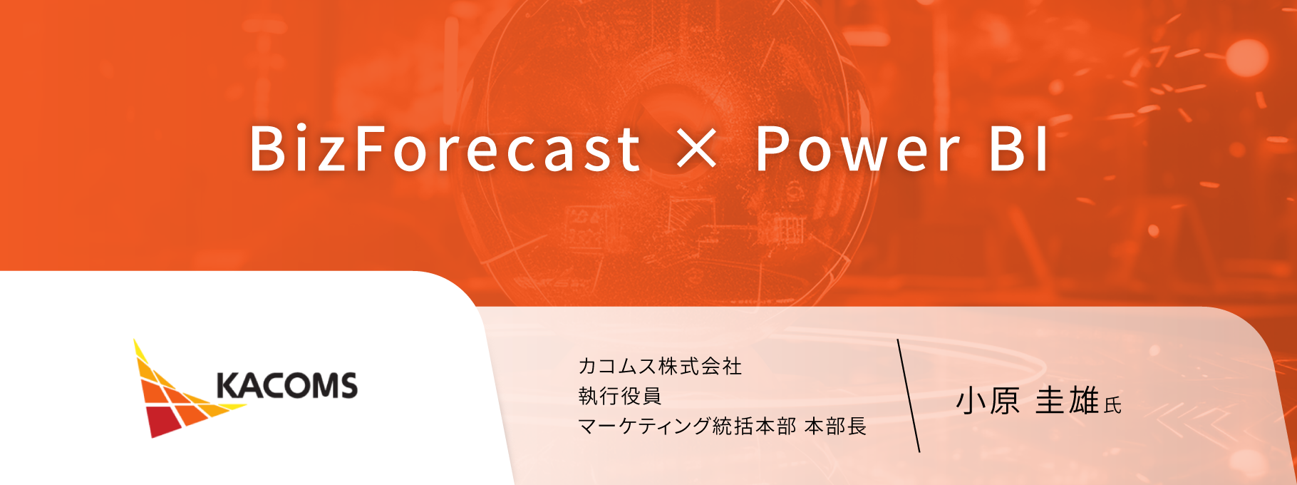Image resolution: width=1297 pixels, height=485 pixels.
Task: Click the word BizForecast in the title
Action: [445, 148]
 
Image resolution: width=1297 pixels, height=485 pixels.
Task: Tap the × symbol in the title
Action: [697, 148]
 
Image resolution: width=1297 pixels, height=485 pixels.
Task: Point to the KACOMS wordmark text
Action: [286, 386]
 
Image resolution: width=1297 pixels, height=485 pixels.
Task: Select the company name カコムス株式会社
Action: [660, 367]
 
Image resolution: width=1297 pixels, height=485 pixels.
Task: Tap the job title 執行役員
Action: [620, 396]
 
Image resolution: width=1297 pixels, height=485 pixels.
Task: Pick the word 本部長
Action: [835, 427]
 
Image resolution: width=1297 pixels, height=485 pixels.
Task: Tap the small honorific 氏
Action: [1112, 405]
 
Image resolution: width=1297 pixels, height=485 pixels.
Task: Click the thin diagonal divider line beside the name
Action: [909, 396]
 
